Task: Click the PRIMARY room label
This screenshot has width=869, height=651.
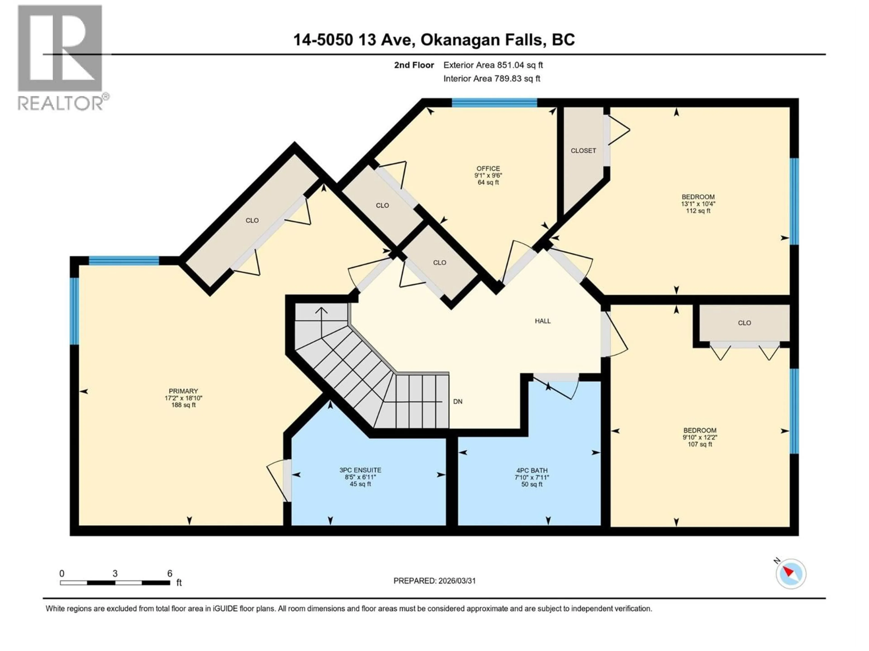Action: pos(183,391)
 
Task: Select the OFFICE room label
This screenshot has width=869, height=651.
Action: pos(488,168)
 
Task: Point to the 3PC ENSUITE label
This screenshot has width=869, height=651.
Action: pos(360,470)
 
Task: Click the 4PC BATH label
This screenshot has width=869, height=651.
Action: pos(532,470)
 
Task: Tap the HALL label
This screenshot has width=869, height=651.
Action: pos(542,321)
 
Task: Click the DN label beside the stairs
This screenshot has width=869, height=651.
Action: pos(458,401)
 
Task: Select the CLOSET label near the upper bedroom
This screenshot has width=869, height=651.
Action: pos(583,151)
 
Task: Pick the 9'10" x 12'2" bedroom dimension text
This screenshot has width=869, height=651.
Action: pos(700,437)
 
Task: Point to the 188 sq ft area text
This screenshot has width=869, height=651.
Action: pos(183,405)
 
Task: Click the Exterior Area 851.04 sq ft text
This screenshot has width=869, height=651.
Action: pos(493,65)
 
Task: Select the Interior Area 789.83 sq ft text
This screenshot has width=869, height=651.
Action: pos(492,78)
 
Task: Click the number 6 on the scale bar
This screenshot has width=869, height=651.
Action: pos(170,573)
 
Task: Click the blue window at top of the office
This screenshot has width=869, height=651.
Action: pos(494,103)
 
